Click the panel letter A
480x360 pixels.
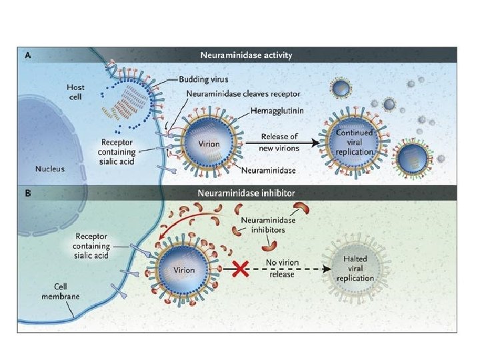(x=28, y=55)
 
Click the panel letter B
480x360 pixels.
(x=28, y=194)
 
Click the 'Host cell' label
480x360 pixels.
(x=75, y=92)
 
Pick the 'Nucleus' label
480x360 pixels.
(x=49, y=169)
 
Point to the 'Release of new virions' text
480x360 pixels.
(x=279, y=142)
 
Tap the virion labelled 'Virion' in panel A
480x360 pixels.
(x=209, y=143)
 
